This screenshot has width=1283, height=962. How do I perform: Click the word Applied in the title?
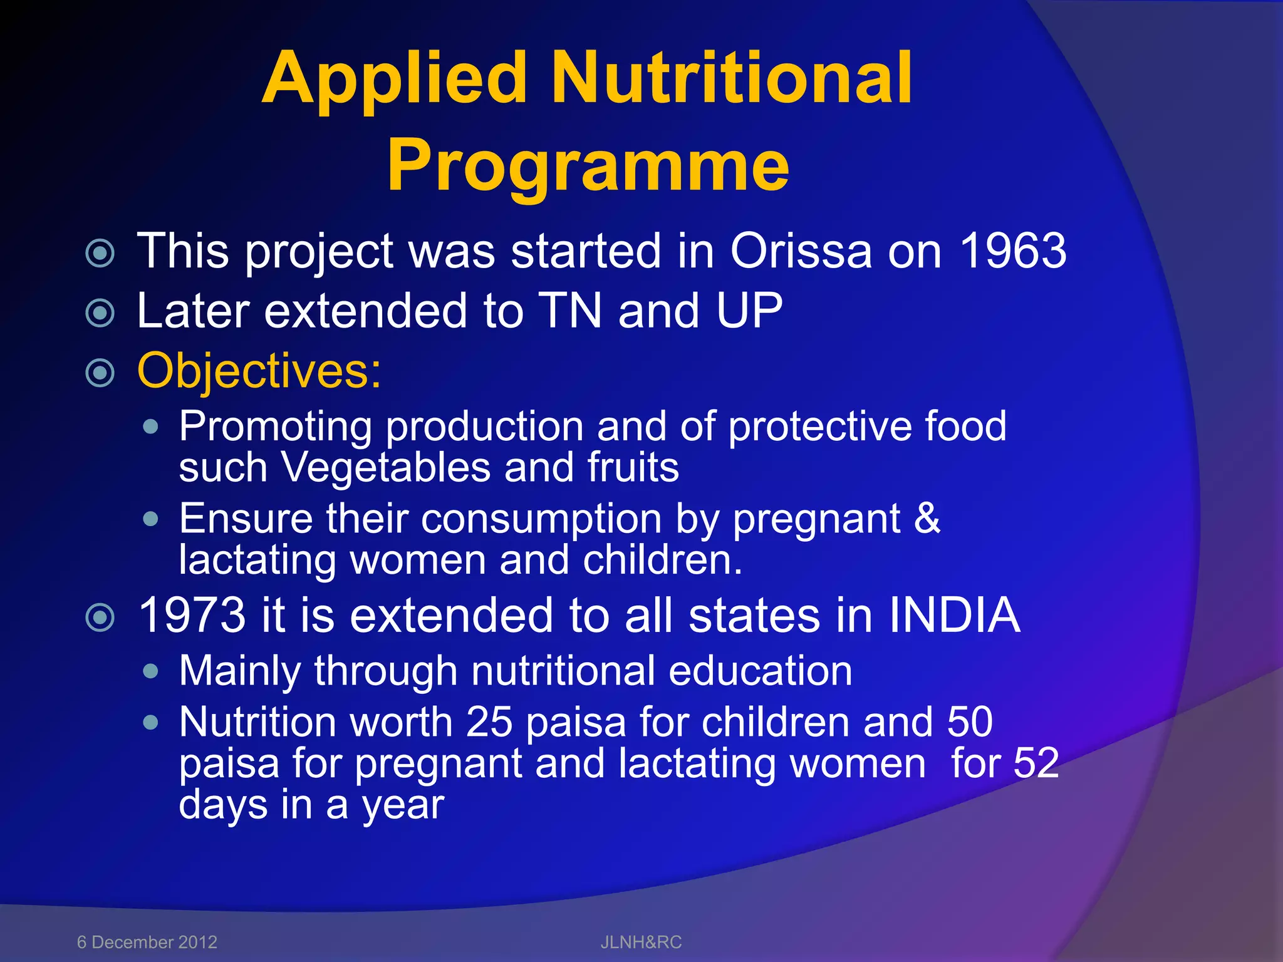pos(395,80)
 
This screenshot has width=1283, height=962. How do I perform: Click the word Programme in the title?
pos(588,167)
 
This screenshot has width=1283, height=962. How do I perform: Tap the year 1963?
pos(1013,251)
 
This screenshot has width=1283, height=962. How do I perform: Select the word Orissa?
pos(801,251)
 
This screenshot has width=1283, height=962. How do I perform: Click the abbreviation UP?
pos(749,311)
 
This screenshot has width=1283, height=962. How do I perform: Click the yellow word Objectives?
pos(259,371)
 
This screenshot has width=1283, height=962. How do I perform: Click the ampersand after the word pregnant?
pos(927,519)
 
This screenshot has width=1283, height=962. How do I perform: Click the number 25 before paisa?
pos(489,722)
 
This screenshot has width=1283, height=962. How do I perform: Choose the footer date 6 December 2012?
pos(147,942)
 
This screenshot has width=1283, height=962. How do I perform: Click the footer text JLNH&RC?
pos(641,942)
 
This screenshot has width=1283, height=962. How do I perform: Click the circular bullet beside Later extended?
pos(100,313)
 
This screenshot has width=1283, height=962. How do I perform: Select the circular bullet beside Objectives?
pos(100,373)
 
